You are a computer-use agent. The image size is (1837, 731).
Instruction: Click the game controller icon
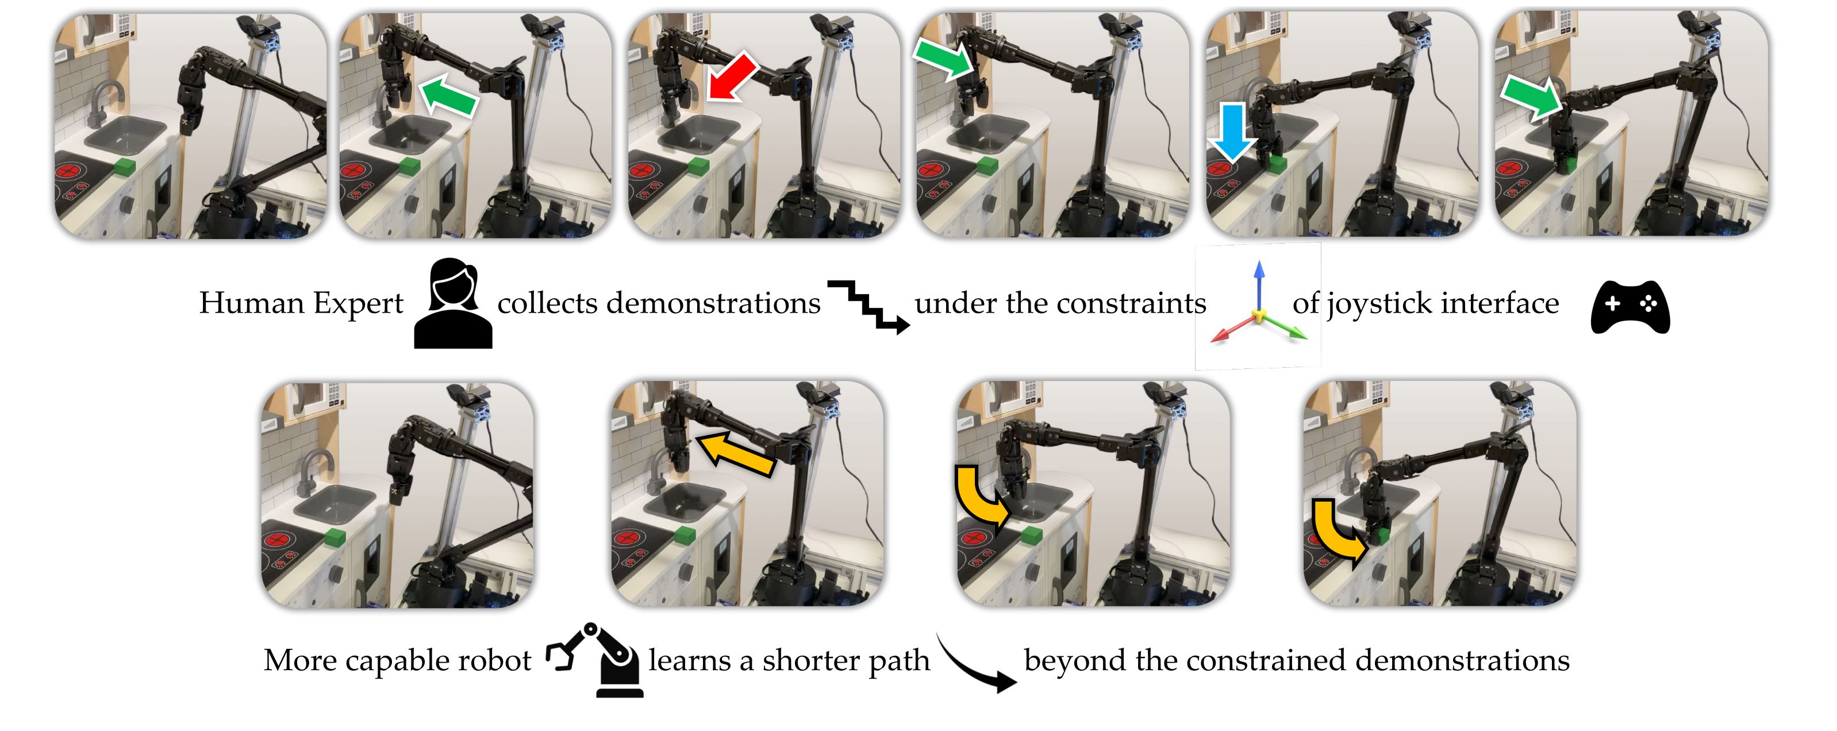click(x=1630, y=307)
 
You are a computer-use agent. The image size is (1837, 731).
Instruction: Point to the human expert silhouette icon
click(x=453, y=305)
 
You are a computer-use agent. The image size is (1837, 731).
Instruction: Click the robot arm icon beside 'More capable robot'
click(x=596, y=659)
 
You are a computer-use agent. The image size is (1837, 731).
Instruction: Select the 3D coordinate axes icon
click(x=1259, y=307)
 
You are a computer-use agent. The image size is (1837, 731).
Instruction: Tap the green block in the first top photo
click(x=124, y=168)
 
